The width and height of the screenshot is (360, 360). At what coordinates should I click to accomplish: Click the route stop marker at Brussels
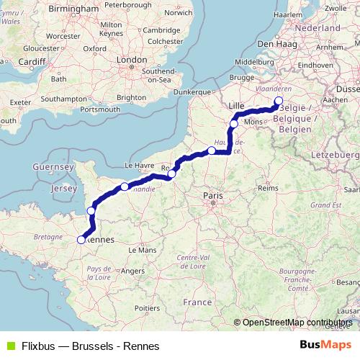tap(279, 101)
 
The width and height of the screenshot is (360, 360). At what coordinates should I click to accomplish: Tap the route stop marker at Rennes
tap(81, 240)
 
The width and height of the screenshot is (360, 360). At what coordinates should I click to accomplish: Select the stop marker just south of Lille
tap(233, 124)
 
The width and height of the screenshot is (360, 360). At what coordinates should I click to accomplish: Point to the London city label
tap(132, 60)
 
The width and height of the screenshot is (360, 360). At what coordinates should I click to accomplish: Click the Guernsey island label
tap(53, 166)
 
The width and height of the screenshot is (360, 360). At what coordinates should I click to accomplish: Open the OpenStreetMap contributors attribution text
tap(297, 323)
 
